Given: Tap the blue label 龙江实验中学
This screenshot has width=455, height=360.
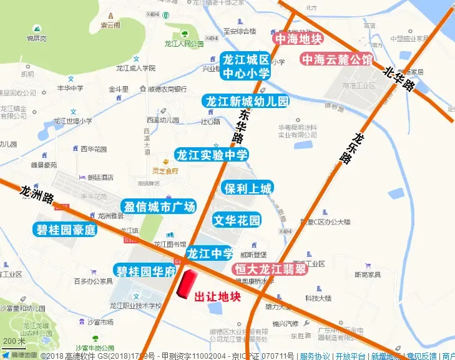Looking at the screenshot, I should tap(212, 155).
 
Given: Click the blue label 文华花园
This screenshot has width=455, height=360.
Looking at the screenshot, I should tap(237, 220).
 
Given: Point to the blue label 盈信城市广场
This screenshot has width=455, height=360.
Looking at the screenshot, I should tap(159, 207).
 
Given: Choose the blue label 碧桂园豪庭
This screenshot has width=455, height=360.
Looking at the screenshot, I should tap(65, 230).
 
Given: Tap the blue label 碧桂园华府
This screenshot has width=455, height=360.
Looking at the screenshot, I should tap(146, 271).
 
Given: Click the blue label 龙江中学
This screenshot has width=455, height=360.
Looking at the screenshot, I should tap(210, 253).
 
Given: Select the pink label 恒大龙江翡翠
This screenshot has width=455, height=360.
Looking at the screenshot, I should tap(270, 270).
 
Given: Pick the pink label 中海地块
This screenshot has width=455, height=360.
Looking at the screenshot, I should tap(298, 39).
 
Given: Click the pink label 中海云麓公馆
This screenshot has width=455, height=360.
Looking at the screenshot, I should tap(337, 59).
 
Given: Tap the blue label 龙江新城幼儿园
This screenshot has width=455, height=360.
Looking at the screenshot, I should tap(247, 101).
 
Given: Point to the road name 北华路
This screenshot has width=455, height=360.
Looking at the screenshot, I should tap(399, 80).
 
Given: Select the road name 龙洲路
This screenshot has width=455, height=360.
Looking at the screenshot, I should tap(37, 195).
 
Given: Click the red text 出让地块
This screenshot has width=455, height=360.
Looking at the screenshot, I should tap(218, 297).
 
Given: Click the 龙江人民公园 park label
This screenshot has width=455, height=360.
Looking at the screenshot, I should tap(184, 44).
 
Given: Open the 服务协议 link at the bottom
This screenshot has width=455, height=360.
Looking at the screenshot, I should tap(314, 356).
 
